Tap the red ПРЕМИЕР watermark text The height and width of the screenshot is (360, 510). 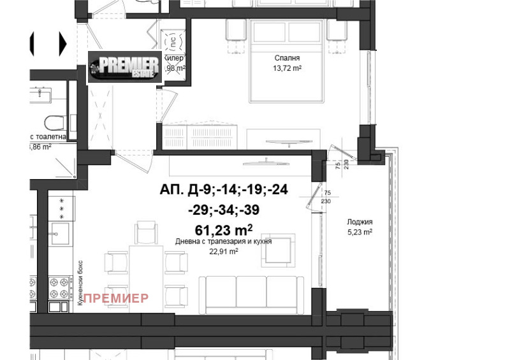pos(116,298)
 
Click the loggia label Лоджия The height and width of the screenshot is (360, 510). pos(360,222)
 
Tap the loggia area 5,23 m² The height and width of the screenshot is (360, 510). pos(360,232)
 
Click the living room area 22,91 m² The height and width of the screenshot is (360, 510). pos(224,251)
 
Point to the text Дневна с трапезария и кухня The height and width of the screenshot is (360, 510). pos(224,242)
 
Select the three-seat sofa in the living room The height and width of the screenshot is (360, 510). pos(249,292)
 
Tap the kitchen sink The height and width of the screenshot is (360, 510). pos(61,232)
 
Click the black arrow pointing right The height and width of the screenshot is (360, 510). pos(62,43)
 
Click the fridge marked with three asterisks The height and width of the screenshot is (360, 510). pos(62,208)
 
